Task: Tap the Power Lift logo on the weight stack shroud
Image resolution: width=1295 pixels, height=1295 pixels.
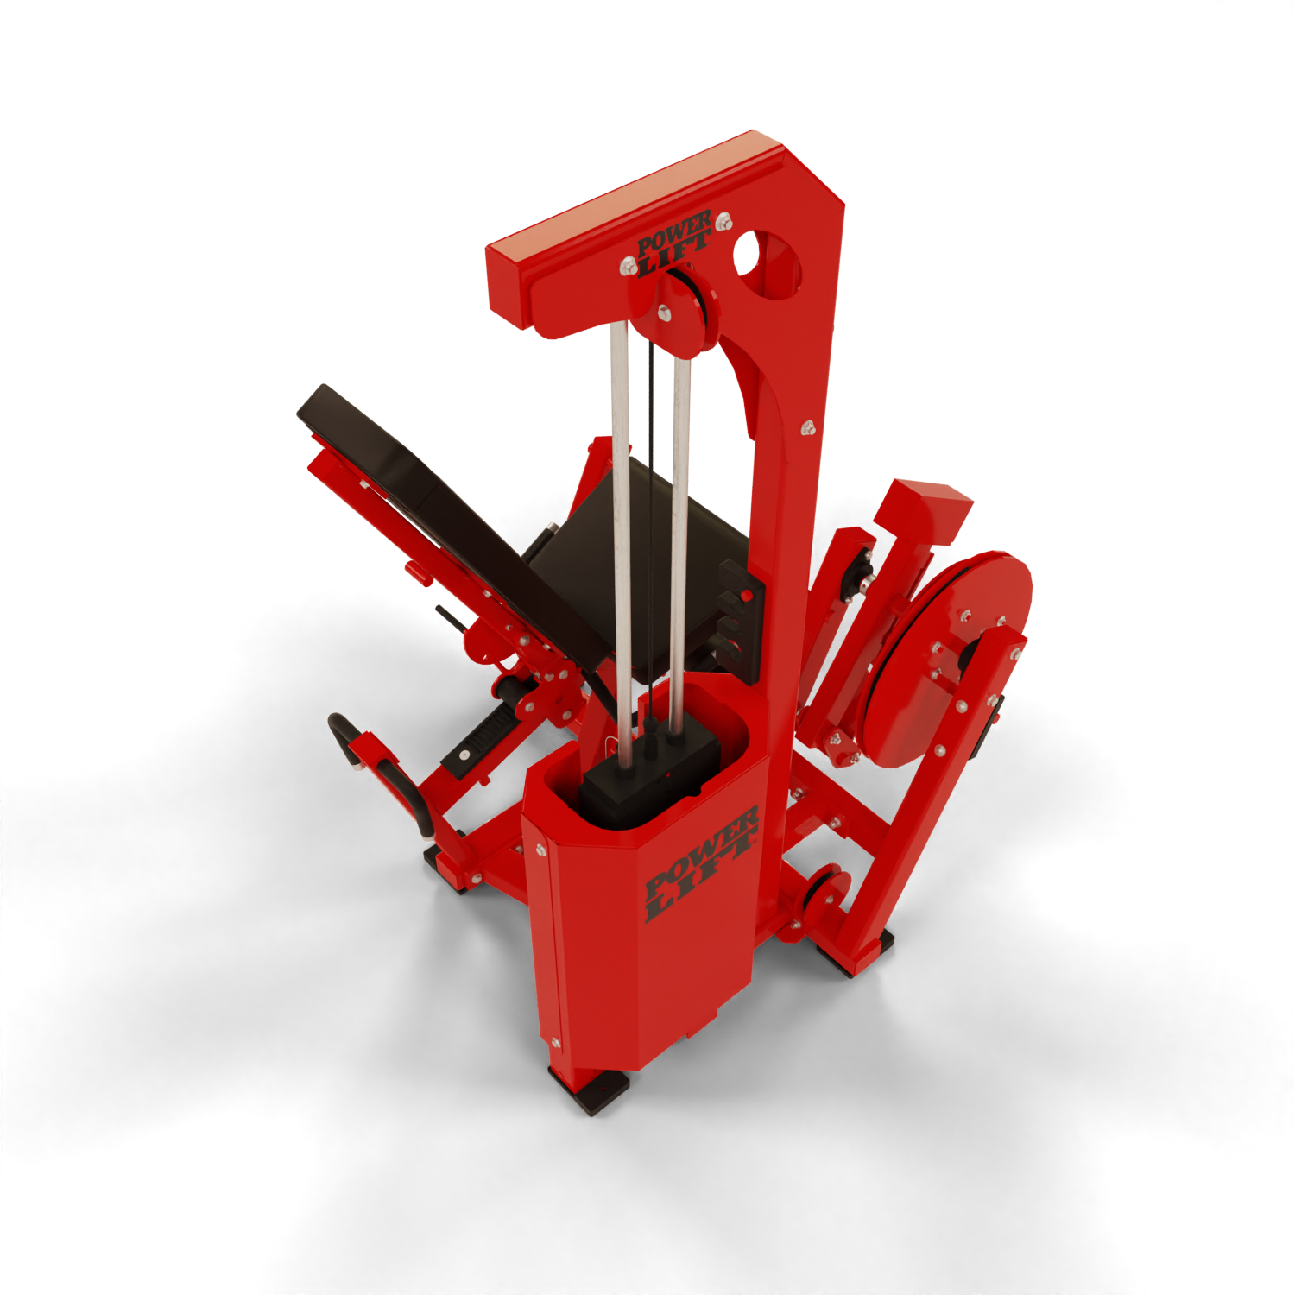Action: coord(702,863)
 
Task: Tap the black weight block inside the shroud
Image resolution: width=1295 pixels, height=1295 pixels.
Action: coord(649,764)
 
